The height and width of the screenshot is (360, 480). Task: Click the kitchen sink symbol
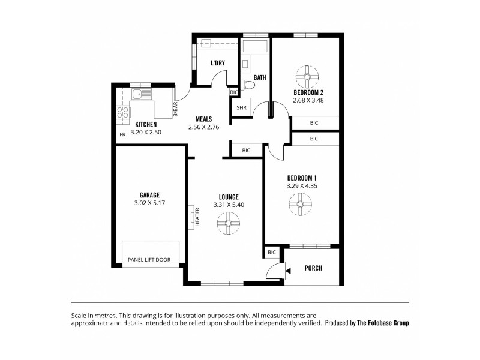(142, 95)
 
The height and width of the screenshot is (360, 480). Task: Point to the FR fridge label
(122, 134)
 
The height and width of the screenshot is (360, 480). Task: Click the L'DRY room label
(217, 63)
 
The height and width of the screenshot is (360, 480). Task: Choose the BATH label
(259, 77)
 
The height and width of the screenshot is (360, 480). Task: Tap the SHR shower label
(241, 108)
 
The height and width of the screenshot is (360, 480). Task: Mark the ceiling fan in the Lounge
(228, 226)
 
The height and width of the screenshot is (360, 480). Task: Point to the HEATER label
(197, 217)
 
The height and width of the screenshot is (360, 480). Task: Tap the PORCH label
(313, 268)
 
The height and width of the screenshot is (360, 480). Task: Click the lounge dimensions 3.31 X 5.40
(229, 205)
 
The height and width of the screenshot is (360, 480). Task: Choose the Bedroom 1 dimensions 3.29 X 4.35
(302, 186)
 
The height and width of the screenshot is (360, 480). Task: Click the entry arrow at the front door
(288, 272)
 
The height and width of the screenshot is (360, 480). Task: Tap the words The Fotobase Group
(383, 322)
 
